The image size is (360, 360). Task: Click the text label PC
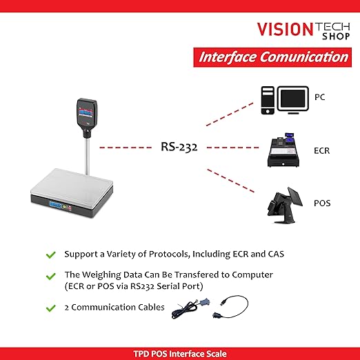(x=320, y=97)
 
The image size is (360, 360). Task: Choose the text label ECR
(x=322, y=149)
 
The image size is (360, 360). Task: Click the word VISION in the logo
(x=285, y=28)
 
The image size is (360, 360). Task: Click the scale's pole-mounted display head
(x=87, y=114)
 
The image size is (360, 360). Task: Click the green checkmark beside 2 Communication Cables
(x=50, y=307)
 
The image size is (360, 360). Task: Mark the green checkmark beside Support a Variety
(x=50, y=254)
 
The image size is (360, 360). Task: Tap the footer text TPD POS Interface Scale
(x=180, y=353)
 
